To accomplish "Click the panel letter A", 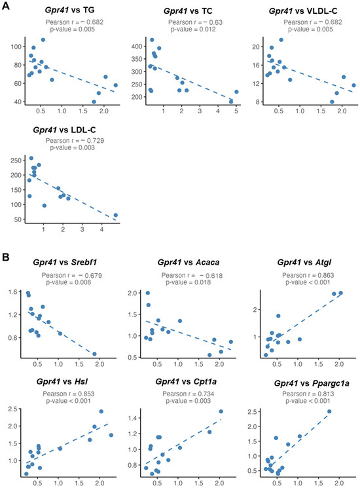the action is click(x=6, y=6).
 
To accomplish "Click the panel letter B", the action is click(x=6, y=257).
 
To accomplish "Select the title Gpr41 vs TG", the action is click(x=69, y=10).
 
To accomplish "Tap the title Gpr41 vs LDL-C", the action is click(x=64, y=130).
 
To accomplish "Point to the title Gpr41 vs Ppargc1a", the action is click(x=312, y=383).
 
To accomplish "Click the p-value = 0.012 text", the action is click(x=192, y=29).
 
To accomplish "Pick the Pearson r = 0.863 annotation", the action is click(x=308, y=275).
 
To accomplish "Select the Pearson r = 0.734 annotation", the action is click(x=189, y=394).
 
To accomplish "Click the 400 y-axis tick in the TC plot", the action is click(x=137, y=47).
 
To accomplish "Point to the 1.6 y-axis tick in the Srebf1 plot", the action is click(x=12, y=292).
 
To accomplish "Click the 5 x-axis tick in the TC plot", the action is click(x=236, y=111).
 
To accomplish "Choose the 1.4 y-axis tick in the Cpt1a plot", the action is click(x=133, y=418).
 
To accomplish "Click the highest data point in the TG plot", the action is click(x=43, y=40).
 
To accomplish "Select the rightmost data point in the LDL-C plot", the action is click(x=116, y=215).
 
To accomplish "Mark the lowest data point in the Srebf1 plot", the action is click(x=94, y=354).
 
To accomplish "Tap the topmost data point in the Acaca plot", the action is click(x=148, y=293).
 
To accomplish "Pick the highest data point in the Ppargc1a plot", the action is click(x=329, y=411).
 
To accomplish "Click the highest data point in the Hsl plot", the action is click(x=101, y=411).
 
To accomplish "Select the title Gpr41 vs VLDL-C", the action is click(x=303, y=11).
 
